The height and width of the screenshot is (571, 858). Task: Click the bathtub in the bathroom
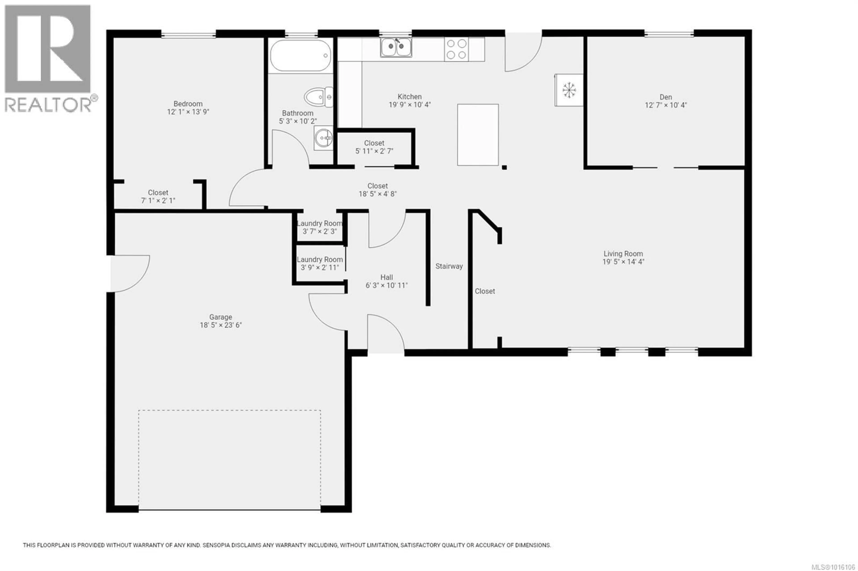coord(301,55)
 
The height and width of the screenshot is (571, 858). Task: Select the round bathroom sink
coord(323,138)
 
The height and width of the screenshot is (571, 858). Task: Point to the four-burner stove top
coord(456,49)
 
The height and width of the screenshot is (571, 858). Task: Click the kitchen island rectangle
coord(478,135)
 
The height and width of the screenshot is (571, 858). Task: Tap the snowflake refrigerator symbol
coord(569,90)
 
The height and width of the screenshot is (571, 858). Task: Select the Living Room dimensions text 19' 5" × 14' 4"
coord(623,261)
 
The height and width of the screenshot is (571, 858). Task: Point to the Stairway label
coord(449,266)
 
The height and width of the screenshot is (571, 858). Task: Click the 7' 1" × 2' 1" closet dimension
coord(158,201)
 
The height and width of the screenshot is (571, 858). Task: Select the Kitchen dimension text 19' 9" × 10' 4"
coord(410,104)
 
